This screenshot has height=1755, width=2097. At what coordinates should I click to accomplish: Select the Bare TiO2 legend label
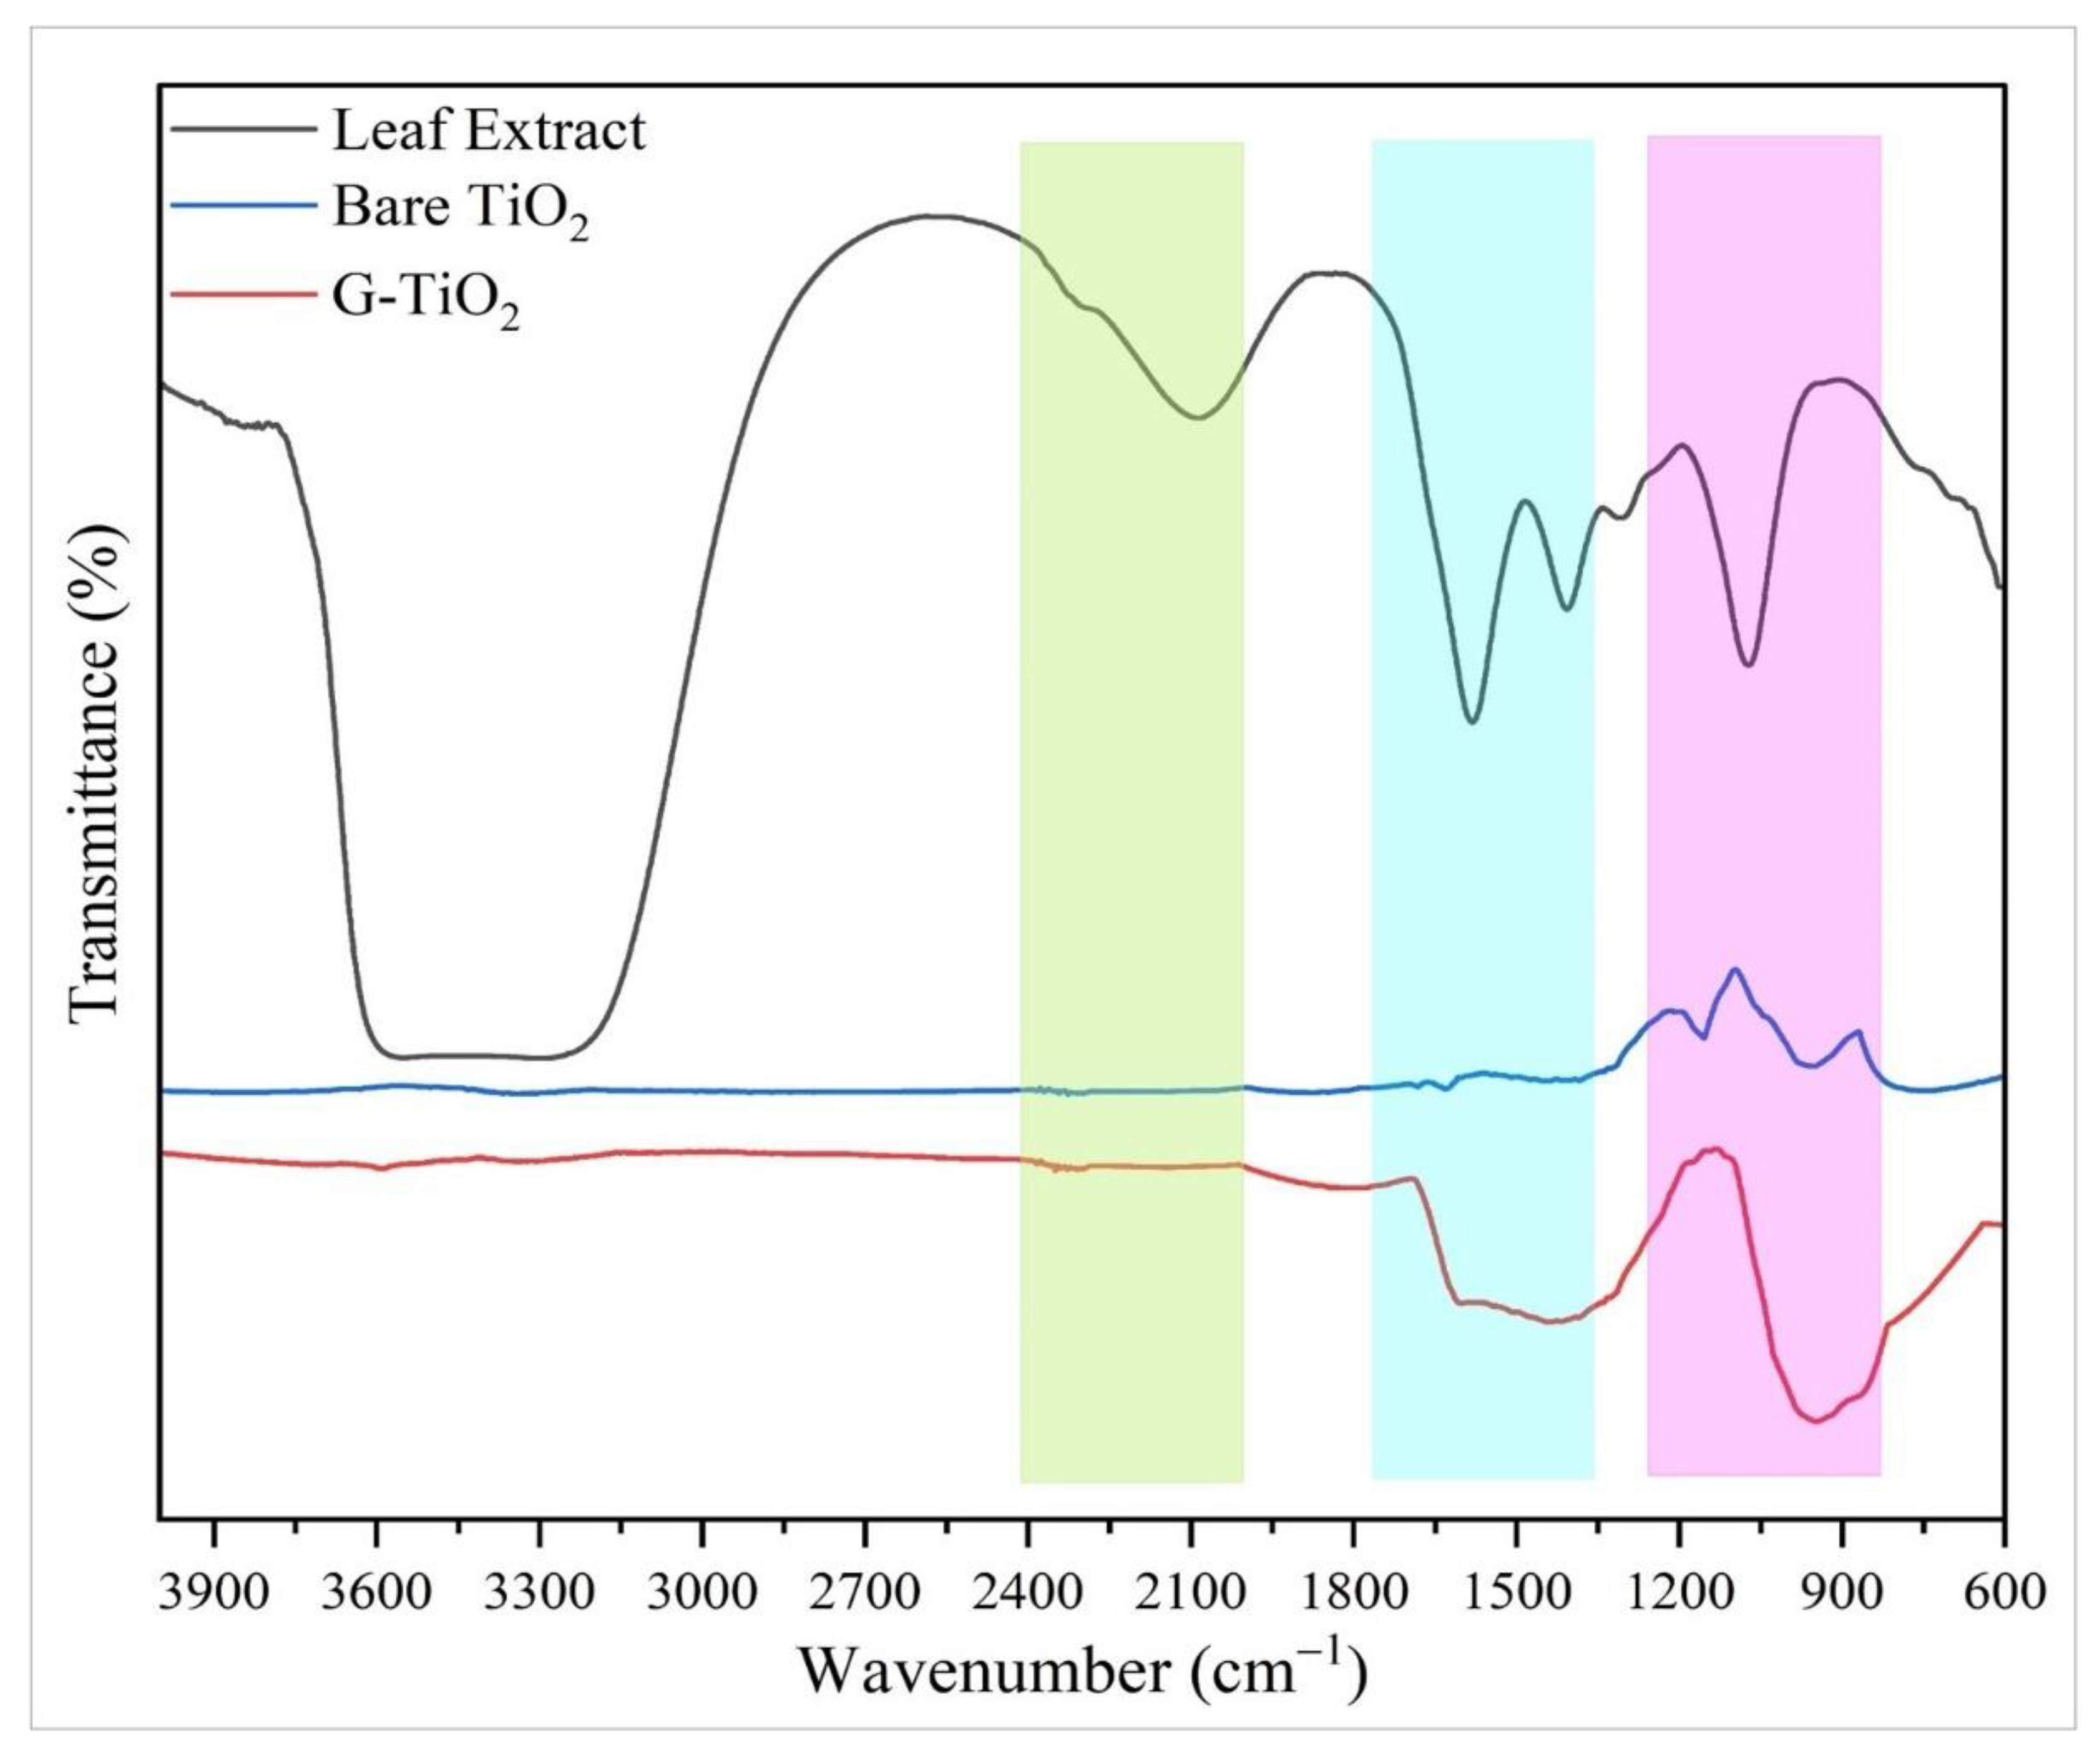(459, 211)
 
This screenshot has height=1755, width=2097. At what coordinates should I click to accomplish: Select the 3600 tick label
(376, 1589)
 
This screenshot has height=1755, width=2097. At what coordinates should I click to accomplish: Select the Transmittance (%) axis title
(97, 774)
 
